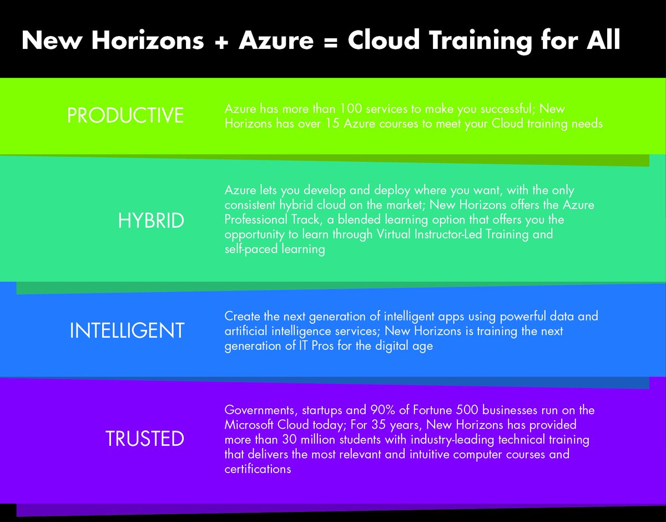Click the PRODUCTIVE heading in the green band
125,115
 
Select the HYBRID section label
150,221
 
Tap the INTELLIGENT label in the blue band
127,331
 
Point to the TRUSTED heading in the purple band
145,439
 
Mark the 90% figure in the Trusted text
382,410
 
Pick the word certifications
258,469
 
